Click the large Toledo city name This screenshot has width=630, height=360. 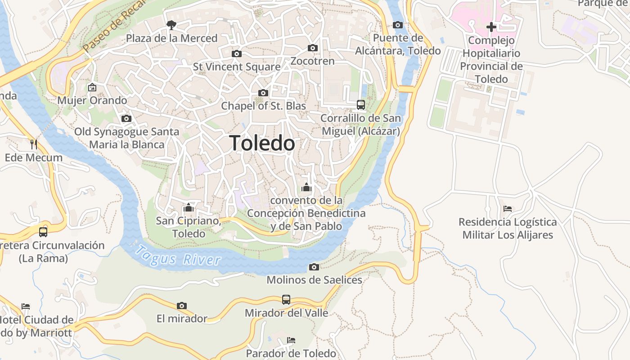(x=262, y=143)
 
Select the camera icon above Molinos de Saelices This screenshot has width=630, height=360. (x=314, y=267)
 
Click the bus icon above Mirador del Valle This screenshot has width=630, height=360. (x=286, y=299)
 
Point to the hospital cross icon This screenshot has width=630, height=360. (x=491, y=27)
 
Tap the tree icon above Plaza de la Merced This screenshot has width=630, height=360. (x=171, y=25)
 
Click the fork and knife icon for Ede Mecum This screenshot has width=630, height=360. (x=34, y=144)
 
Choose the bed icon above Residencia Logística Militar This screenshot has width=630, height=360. (x=508, y=209)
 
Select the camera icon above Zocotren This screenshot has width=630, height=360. (x=313, y=48)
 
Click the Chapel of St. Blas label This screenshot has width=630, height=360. (x=263, y=106)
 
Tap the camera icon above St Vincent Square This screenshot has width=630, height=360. (x=236, y=54)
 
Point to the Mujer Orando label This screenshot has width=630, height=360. (x=92, y=100)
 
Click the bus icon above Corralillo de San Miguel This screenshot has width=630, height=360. (x=361, y=105)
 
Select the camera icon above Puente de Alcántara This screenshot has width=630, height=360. (x=398, y=25)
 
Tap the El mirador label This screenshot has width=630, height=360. (x=182, y=319)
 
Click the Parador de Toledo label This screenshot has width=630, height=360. (x=291, y=353)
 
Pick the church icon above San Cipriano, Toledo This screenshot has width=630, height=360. (x=189, y=208)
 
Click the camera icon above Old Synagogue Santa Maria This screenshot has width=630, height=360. (x=126, y=119)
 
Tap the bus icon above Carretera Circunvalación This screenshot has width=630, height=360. (x=43, y=232)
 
